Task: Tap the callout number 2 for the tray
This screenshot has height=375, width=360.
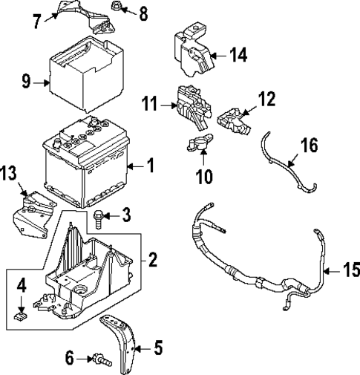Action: (153, 260)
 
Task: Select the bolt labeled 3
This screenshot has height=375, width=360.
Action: (99, 217)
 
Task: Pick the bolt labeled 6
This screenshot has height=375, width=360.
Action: (101, 360)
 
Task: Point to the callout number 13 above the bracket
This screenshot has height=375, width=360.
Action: (8, 174)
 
